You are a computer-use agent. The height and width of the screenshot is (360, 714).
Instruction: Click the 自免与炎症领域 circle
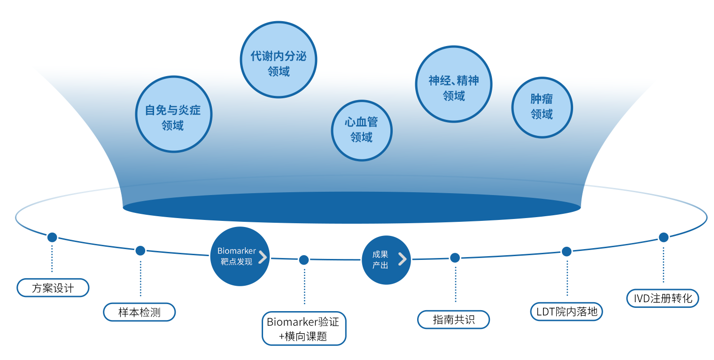click(174, 114)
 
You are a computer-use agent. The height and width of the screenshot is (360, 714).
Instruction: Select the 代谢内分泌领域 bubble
click(279, 60)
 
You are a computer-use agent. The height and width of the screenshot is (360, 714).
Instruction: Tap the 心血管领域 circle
click(362, 130)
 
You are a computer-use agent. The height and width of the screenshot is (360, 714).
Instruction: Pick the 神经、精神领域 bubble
click(454, 84)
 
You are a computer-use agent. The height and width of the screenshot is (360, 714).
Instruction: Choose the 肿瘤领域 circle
click(542, 107)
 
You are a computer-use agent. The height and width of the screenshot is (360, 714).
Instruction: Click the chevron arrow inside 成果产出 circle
click(402, 259)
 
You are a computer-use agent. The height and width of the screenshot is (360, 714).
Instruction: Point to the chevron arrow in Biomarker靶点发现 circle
click(263, 257)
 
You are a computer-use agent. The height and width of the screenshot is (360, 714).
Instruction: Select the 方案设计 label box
click(53, 288)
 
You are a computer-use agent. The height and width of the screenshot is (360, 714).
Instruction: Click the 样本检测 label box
click(139, 312)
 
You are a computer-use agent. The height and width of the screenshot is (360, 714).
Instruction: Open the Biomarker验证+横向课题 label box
click(304, 329)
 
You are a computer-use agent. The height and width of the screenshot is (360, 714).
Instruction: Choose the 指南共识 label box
click(454, 320)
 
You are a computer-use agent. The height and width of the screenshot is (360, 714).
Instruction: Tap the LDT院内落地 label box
click(566, 311)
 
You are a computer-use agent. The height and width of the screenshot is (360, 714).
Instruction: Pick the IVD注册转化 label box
click(663, 298)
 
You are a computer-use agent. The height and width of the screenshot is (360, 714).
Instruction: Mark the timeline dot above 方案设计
click(52, 237)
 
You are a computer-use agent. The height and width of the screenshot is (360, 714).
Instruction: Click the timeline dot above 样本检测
click(140, 250)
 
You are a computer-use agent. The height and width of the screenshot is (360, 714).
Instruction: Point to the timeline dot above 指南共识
click(455, 258)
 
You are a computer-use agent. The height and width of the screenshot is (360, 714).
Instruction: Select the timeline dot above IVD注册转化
click(663, 237)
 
